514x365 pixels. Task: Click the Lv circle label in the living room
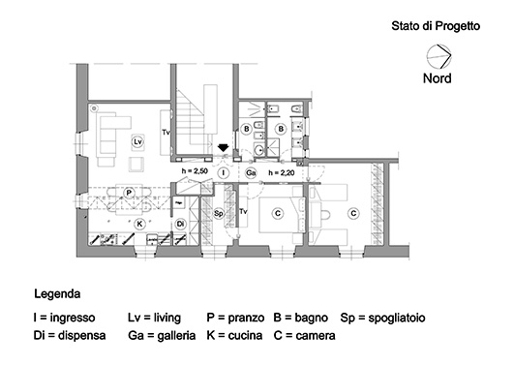point(138,142)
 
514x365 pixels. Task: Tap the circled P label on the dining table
point(129,193)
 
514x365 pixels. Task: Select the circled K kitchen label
point(139,224)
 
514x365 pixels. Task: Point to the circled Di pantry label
point(180,224)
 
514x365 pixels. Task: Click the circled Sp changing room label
point(219,214)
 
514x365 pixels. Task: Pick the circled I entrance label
point(224,172)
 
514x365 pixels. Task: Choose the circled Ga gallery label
point(251,172)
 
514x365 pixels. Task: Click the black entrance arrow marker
point(224,147)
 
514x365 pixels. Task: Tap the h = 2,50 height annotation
point(195,170)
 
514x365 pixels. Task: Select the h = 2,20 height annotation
point(282,172)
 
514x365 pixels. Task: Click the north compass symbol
point(438,56)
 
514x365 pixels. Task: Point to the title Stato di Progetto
point(436,26)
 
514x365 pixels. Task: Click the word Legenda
point(57,293)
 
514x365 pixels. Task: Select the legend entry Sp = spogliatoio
point(383,318)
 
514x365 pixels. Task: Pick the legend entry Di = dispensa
point(70,336)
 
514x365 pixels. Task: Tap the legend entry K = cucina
point(234,336)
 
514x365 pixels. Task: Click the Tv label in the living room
point(166,133)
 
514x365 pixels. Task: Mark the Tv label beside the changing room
point(243,211)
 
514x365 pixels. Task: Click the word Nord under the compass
point(438,78)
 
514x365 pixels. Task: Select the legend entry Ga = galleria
point(162,336)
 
